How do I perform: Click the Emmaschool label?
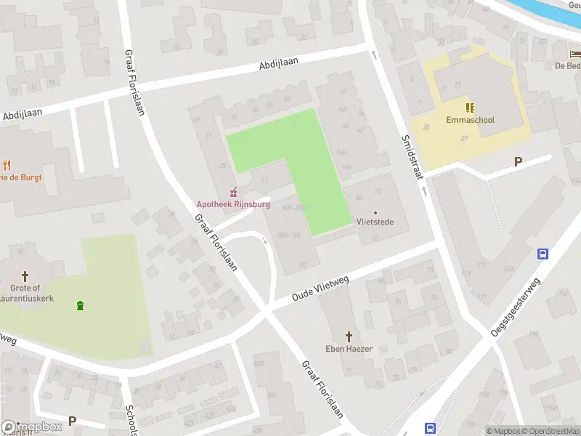click(471, 120)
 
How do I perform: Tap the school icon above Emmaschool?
click(470, 108)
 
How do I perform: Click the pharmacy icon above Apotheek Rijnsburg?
click(233, 193)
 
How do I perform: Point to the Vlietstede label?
click(375, 222)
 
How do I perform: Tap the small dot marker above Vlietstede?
click(375, 211)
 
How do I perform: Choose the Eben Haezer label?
click(349, 349)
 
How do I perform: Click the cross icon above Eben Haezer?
click(349, 336)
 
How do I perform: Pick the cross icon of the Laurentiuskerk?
click(25, 275)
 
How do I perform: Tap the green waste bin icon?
click(79, 305)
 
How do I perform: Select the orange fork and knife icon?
click(7, 165)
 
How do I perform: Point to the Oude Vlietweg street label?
click(322, 286)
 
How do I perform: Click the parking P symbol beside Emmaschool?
click(518, 161)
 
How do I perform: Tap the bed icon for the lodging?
click(575, 53)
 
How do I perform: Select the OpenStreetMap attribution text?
click(550, 431)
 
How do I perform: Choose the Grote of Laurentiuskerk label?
click(25, 293)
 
